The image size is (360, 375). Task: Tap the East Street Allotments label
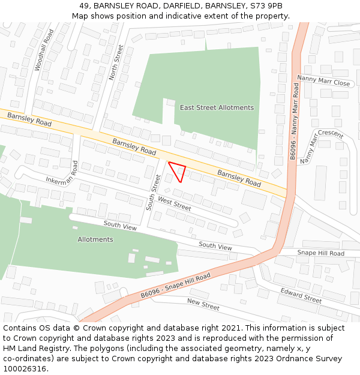[217, 107]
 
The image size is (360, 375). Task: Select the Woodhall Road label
[44, 50]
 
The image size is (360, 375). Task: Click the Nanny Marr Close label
[324, 80]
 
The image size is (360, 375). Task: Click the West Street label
[175, 204]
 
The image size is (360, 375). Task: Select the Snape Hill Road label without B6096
[320, 253]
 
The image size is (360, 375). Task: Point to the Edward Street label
[301, 295]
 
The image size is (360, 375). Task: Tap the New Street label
[203, 305]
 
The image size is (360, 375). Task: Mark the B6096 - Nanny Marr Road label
[294, 121]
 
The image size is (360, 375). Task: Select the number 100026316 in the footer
[26, 368]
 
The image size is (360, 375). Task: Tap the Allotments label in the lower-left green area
[95, 239]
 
